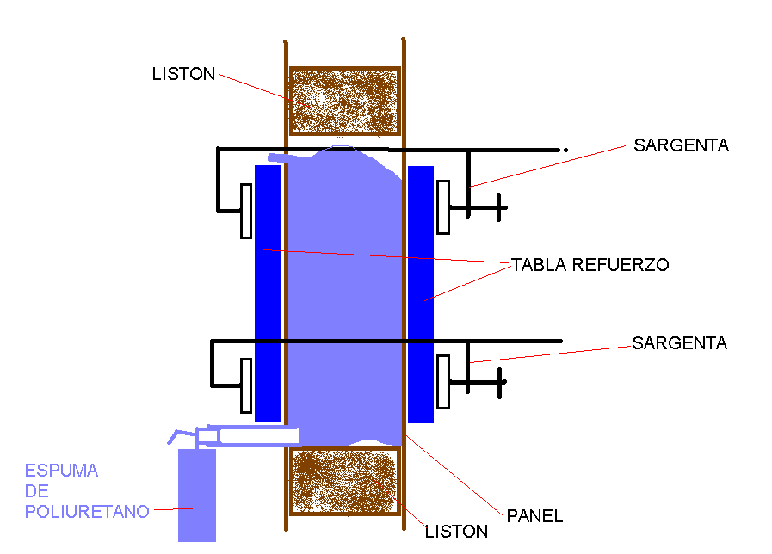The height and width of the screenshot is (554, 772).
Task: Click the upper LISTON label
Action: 183,74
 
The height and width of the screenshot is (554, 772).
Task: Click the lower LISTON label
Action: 456,532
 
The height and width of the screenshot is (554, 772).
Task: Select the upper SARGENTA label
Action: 681,145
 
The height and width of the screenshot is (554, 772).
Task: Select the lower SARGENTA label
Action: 679,343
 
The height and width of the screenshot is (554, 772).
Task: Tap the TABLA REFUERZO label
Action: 590,264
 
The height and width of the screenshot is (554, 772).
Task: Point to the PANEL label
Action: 534,516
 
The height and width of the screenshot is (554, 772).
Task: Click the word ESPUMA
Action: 61,471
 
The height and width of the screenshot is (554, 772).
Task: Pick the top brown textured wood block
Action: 344,101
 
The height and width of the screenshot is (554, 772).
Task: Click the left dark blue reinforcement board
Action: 268,292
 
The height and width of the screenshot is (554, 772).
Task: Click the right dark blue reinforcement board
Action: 420,292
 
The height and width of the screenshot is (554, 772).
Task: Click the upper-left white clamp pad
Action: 245,210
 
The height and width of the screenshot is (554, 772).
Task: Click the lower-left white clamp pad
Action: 245,385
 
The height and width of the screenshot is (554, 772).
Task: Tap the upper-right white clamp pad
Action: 443,207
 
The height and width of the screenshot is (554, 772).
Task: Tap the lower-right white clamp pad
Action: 443,381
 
